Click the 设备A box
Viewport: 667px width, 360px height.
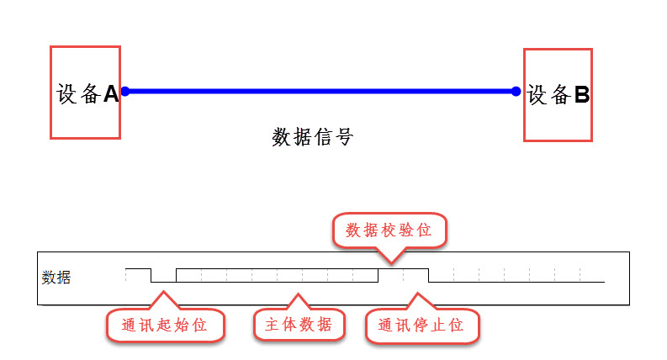tap(85, 92)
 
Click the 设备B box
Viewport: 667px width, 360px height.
tap(558, 94)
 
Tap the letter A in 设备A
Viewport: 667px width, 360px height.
tap(110, 94)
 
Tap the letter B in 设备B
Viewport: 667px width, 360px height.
tap(581, 95)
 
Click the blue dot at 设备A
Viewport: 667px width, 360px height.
tap(124, 90)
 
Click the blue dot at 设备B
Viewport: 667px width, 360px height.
tap(516, 91)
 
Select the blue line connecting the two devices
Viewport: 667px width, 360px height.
tap(320, 90)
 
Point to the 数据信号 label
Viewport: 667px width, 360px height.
tap(312, 137)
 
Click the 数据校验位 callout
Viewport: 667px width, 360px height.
tap(389, 230)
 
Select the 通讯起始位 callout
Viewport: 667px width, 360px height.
tap(165, 325)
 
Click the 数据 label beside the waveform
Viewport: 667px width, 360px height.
tap(56, 277)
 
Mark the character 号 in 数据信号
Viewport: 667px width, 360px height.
tap(342, 137)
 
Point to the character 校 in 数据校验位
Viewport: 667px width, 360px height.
tap(389, 230)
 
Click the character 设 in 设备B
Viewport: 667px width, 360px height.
tap(537, 95)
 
